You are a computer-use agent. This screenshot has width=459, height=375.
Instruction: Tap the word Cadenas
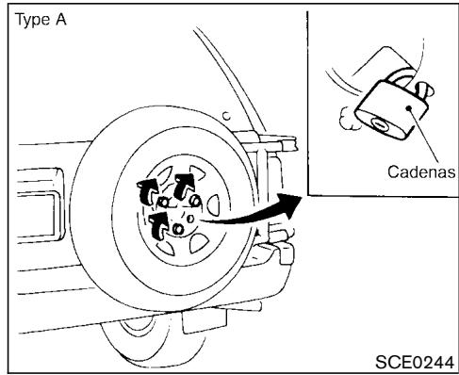(x=421, y=173)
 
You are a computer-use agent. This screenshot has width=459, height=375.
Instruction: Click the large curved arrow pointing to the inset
(x=254, y=214)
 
